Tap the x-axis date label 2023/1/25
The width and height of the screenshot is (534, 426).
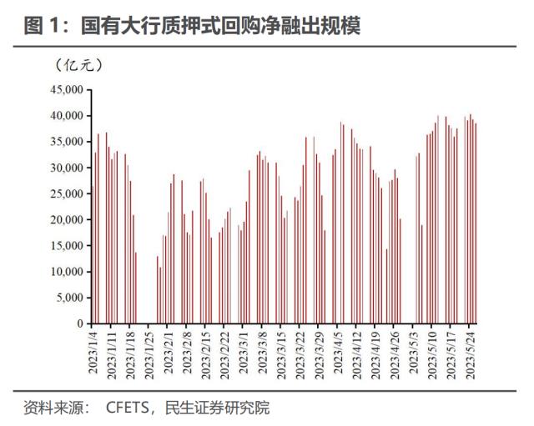tap(150, 353)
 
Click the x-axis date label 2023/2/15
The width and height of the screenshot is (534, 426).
tap(206, 353)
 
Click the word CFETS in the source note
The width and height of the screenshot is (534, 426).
tap(127, 408)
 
